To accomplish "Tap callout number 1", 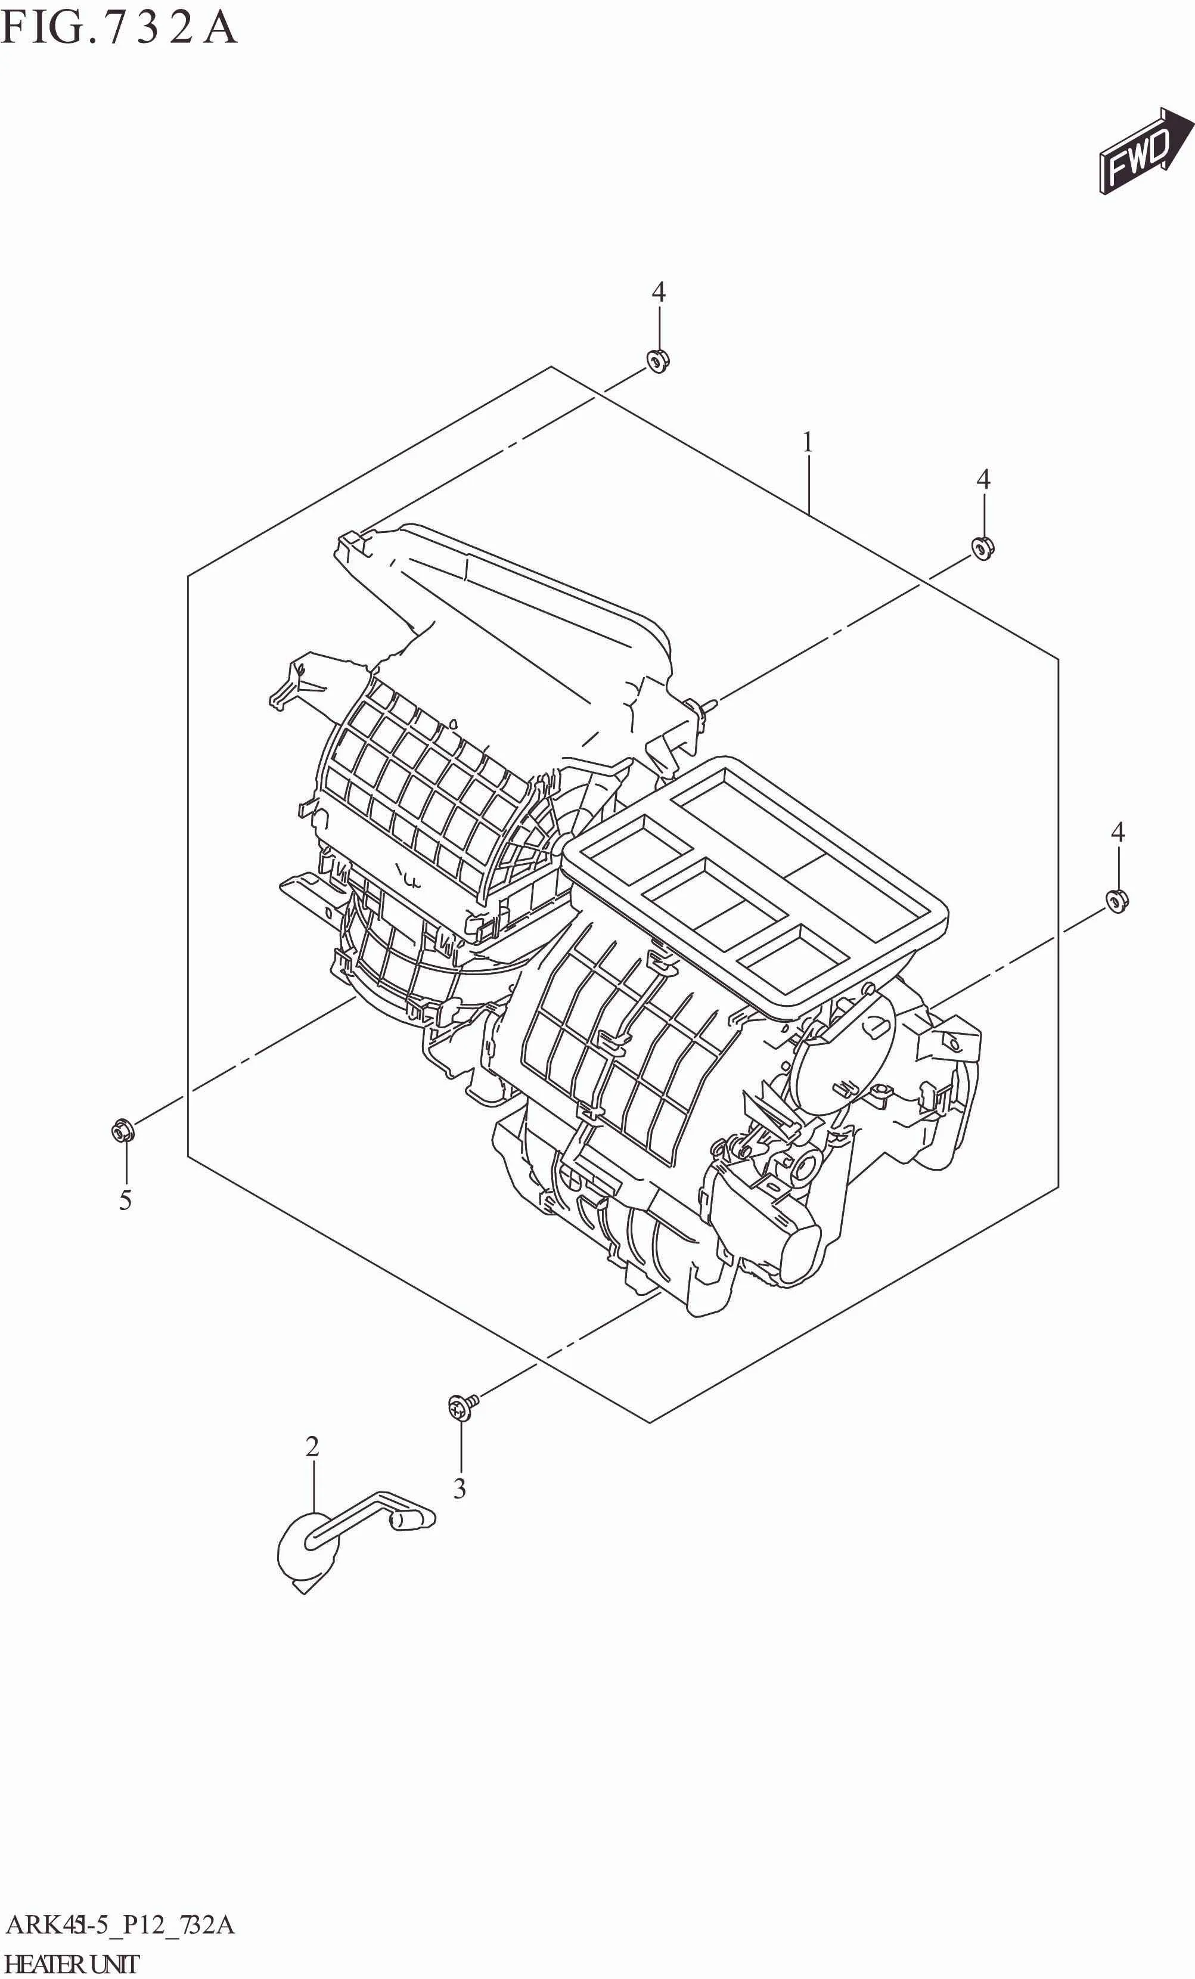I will pyautogui.click(x=808, y=442).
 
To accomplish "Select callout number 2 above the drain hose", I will pyautogui.click(x=312, y=1447).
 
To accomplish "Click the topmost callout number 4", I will pyautogui.click(x=659, y=292).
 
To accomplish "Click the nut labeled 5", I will pyautogui.click(x=123, y=1131).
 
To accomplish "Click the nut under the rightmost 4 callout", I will pyautogui.click(x=1117, y=902).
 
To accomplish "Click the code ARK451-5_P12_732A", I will pyautogui.click(x=120, y=1925).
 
